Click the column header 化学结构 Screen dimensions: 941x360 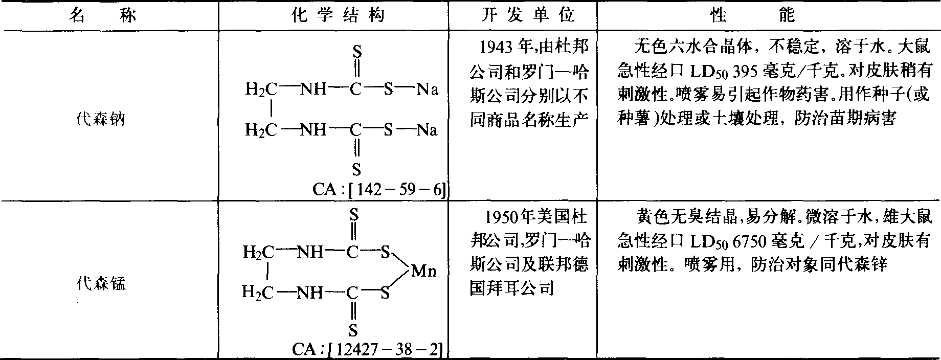coord(338,16)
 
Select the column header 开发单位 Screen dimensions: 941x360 coord(528,16)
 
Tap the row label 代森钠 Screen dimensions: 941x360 coord(100,120)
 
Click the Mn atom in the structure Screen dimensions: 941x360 coord(424,272)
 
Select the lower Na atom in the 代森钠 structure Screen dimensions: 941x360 coord(427,130)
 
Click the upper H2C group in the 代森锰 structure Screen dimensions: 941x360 coord(259,252)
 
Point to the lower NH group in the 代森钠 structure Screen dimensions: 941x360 coord(313,130)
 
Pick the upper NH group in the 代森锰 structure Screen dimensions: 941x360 coord(310,252)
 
